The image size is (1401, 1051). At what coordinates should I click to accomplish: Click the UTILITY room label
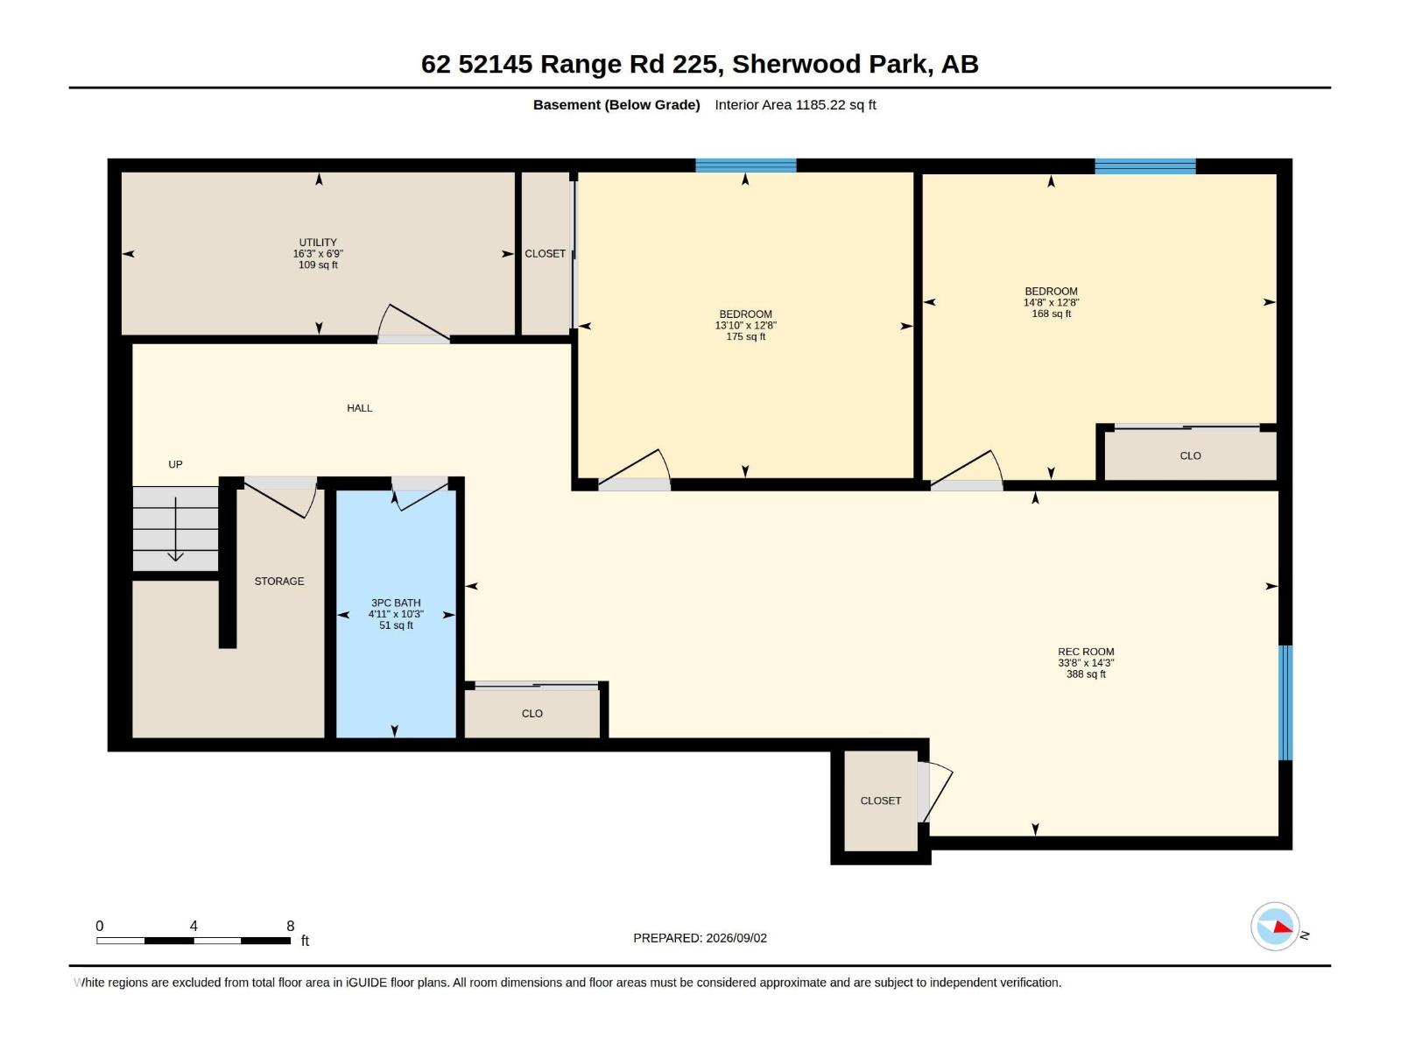pos(318,243)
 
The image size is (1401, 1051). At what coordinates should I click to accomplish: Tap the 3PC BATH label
pos(396,603)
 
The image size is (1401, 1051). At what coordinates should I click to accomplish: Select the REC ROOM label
pos(1086,652)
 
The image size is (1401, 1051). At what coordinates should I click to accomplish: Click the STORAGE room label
pos(279,582)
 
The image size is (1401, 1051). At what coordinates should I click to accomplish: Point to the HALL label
pos(359,408)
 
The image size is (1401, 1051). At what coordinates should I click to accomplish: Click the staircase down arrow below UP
pos(175,529)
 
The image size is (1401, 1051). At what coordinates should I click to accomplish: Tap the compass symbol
pos(1275,926)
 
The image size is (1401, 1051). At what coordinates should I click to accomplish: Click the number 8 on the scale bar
pos(291,926)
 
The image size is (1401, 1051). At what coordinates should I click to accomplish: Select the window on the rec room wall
pos(1286,702)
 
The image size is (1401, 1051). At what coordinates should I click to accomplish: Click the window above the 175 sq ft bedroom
pos(745,166)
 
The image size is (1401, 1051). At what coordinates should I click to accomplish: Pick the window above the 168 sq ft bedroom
pos(1145,166)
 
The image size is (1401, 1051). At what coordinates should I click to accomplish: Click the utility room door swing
pos(413,323)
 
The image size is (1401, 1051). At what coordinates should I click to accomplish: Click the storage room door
pos(280,497)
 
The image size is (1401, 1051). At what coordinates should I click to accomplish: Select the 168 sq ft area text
pos(1052,314)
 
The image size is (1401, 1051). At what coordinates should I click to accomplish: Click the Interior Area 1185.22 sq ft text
pos(795,105)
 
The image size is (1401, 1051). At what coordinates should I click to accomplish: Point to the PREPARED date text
pos(700,938)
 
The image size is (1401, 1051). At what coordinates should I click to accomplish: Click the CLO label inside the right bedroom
pos(1190,456)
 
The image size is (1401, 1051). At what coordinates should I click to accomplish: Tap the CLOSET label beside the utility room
pos(546,254)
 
